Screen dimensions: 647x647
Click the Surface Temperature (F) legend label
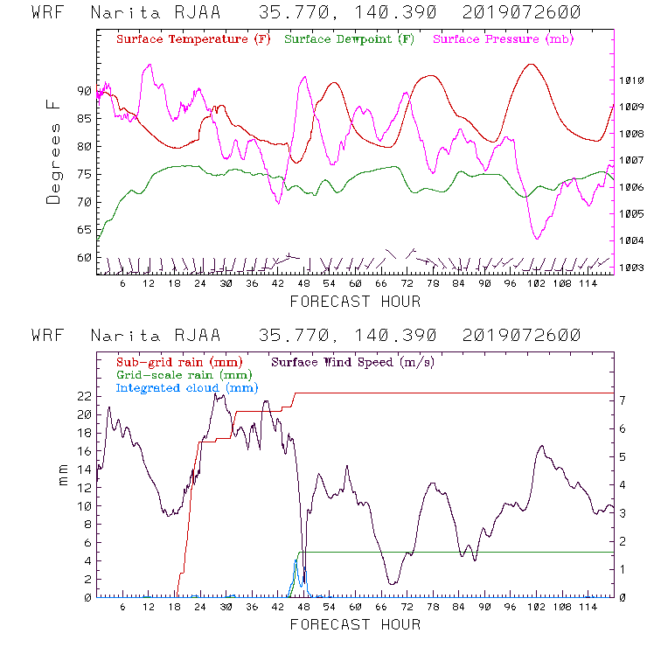point(193,40)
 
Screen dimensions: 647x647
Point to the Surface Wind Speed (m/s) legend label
point(353,361)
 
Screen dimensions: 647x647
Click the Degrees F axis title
point(54,151)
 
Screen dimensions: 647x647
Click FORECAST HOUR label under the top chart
point(355,302)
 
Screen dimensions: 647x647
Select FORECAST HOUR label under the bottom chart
point(355,624)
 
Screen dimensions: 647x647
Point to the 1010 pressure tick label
point(631,80)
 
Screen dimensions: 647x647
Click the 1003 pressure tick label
point(631,268)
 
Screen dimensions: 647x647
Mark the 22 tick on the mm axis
point(83,396)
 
